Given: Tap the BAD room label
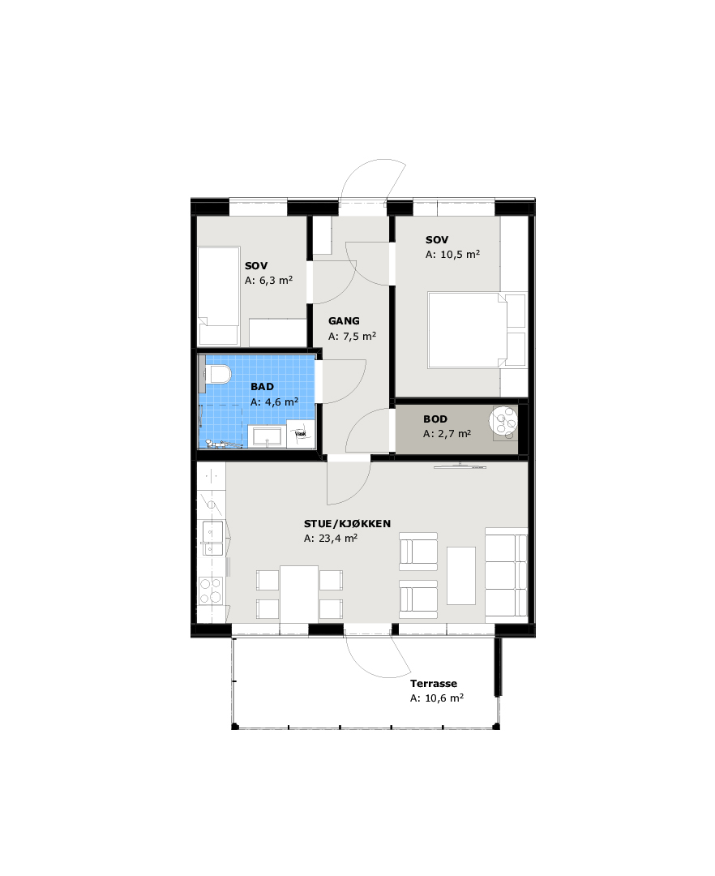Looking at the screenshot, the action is [262, 387].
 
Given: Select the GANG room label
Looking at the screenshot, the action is [344, 320].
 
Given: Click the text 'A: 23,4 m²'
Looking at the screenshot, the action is [331, 539].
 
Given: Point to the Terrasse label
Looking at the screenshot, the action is [434, 683].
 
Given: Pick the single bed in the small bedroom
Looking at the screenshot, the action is [219, 296].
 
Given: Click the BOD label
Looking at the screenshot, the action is [435, 419].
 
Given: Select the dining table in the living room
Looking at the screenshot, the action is [299, 594].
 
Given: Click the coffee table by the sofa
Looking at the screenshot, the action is [461, 575].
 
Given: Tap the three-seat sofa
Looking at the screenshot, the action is [506, 575].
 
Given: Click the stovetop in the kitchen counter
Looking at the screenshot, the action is [211, 590].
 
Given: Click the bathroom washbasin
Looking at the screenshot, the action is [268, 436].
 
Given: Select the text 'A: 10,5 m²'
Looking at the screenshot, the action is [452, 254].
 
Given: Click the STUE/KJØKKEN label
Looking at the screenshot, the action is [347, 523].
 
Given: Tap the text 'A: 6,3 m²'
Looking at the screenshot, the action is [268, 281].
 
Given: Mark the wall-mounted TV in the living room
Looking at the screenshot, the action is [460, 466].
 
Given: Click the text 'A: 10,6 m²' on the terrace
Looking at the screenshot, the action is [437, 698].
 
